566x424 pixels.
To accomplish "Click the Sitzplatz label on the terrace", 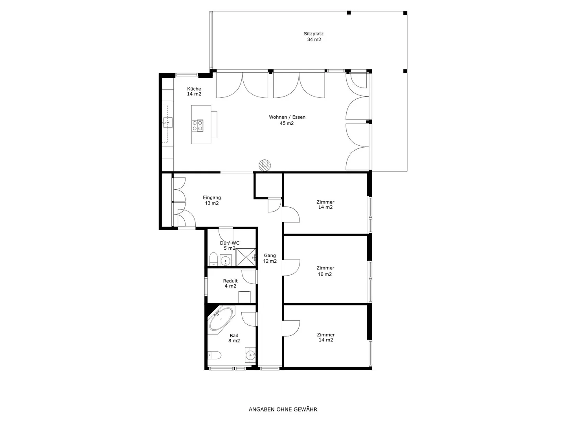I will [313, 34].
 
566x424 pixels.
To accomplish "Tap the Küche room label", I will [194, 89].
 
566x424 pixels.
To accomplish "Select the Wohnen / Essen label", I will [287, 117].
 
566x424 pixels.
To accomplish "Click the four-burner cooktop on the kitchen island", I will [198, 125].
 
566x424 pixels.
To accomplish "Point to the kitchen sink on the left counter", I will [168, 123].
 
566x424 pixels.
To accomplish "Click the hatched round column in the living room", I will [265, 165].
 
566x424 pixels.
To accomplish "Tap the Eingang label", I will [212, 197].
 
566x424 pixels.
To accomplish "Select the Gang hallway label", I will [270, 255].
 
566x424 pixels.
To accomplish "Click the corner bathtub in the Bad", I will [221, 319].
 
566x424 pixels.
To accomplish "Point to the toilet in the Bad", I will [214, 355].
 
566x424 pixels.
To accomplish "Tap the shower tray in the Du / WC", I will [245, 258].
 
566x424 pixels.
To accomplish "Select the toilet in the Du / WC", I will [213, 259].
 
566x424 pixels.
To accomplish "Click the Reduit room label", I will [230, 281].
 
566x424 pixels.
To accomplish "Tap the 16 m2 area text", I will [325, 274].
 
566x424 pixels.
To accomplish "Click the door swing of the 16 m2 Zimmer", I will [292, 268].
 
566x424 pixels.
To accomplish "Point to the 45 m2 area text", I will [287, 123].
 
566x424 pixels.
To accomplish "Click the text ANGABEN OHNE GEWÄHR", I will [283, 409].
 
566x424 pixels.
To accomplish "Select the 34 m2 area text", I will [314, 40].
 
